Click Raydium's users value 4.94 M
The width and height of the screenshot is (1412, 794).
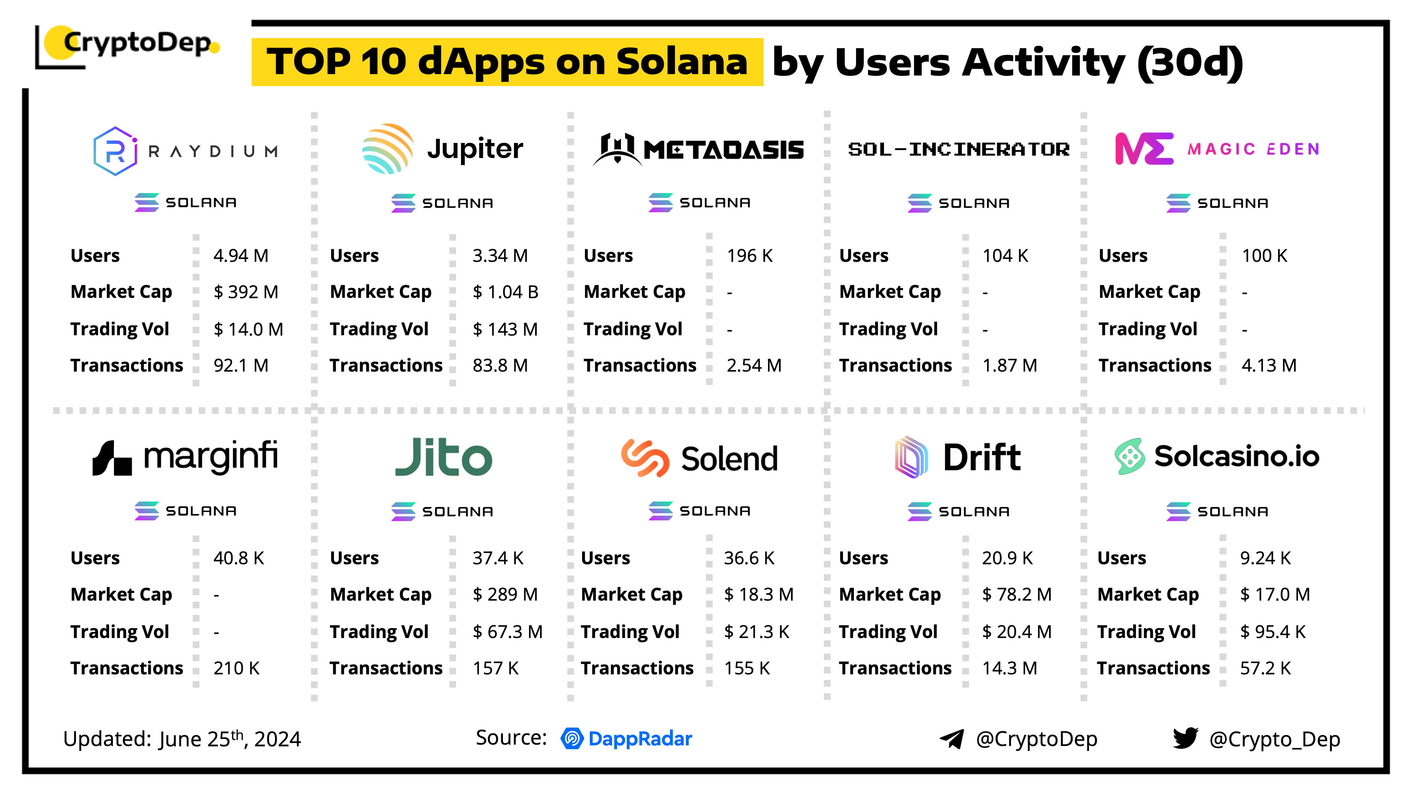tap(241, 256)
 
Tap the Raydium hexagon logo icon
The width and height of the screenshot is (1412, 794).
tap(115, 151)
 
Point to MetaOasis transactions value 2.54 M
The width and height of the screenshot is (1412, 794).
tap(754, 366)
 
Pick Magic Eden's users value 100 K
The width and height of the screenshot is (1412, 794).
tap(1264, 256)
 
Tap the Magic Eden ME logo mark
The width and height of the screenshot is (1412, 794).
tap(1144, 149)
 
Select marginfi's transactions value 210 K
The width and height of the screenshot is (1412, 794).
tap(236, 668)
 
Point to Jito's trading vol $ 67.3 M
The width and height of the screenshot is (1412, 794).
tap(507, 632)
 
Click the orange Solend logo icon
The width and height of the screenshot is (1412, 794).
tap(645, 458)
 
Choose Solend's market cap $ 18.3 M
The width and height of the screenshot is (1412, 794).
tap(758, 595)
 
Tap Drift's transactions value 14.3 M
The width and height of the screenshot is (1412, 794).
tap(1009, 668)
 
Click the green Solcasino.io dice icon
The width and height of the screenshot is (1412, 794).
tap(1130, 456)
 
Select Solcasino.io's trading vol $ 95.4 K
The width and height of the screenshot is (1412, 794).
tap(1272, 632)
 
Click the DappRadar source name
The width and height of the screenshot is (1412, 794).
tap(640, 739)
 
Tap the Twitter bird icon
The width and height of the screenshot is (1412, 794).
tap(1185, 738)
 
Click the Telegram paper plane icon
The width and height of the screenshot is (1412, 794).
tap(952, 739)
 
